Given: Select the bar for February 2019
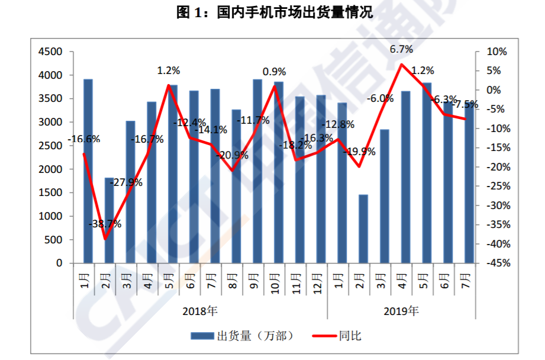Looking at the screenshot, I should (363, 229).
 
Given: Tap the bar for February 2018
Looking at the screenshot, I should (109, 220).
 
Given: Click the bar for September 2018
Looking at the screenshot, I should (257, 171).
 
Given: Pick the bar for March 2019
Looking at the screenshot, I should (384, 196).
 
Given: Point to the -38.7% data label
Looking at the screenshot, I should (105, 224).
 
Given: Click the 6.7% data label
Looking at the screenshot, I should (401, 49).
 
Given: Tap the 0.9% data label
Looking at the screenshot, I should (274, 72).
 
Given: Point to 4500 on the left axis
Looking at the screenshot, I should (50, 52).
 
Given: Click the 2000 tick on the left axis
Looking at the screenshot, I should (50, 169).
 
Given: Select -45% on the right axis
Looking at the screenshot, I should (496, 263).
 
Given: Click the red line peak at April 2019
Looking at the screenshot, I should (402, 64).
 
